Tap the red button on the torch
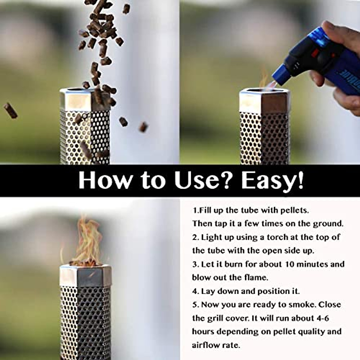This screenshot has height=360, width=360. (315, 54)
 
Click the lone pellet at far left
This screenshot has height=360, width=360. (10, 110)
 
